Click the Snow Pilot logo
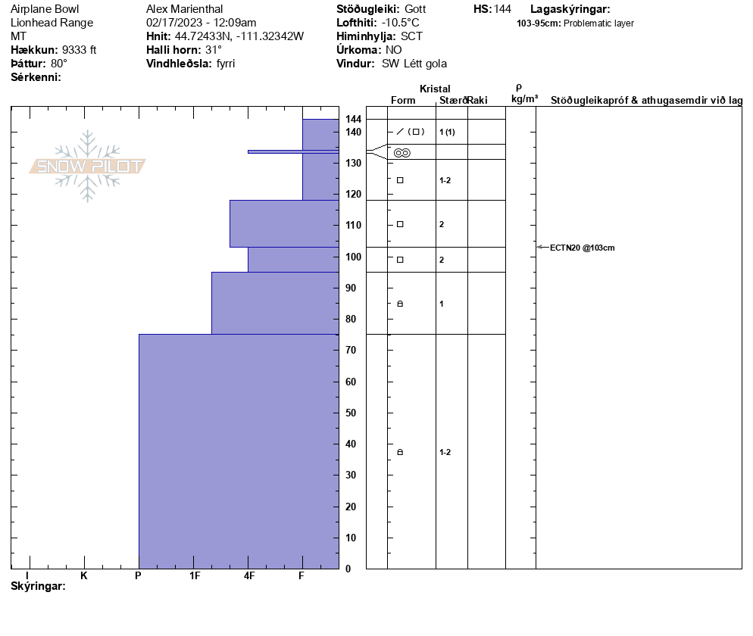[88, 166]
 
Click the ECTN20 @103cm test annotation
[582, 248]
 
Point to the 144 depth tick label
[353, 120]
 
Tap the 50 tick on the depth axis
[351, 413]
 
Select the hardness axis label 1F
[195, 576]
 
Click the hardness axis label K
[84, 576]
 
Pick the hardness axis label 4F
[249, 576]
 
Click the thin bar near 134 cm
[292, 151]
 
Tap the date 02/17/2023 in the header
[175, 23]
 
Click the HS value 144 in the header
[502, 9]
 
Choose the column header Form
[403, 101]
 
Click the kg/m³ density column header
[524, 99]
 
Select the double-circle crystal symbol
[402, 153]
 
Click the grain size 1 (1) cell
[447, 132]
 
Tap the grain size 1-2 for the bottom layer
[445, 453]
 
